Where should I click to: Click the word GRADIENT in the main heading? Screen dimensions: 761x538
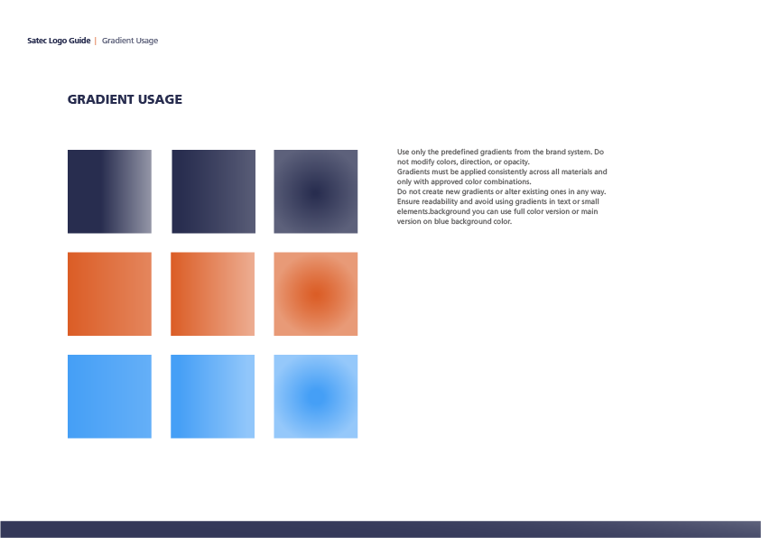[100, 99]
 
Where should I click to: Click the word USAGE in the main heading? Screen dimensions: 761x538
[160, 99]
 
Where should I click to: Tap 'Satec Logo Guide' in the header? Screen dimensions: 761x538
[59, 41]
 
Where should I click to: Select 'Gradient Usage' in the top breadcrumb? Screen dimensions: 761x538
[130, 41]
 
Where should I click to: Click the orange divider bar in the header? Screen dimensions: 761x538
[96, 41]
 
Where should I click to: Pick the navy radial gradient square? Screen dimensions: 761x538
[315, 191]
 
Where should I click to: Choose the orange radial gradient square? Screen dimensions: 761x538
[315, 294]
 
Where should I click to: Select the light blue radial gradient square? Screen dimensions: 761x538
[315, 396]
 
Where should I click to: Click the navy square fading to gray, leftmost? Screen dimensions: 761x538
[109, 191]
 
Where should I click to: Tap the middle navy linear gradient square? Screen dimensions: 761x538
[214, 191]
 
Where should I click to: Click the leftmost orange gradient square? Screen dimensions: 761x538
[109, 294]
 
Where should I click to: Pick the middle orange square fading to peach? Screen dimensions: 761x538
[212, 294]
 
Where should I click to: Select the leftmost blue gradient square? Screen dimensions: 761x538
[109, 396]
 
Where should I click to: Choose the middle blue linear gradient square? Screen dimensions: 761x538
[212, 396]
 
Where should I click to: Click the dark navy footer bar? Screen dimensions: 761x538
[381, 529]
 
